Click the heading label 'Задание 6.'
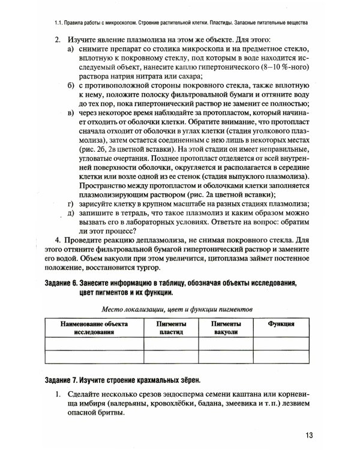[65, 283]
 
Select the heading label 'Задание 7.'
[65, 380]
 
